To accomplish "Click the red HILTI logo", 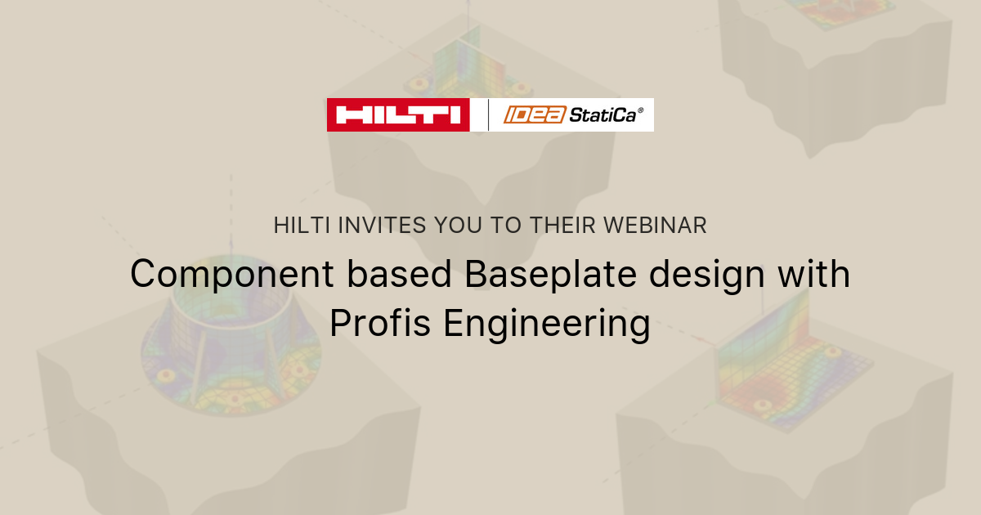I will (398, 114).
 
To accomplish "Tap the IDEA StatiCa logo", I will (572, 114).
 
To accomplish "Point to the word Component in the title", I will (232, 275).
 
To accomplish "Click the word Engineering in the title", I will (547, 324).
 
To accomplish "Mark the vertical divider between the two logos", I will (488, 114).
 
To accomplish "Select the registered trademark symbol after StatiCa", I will (640, 110).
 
